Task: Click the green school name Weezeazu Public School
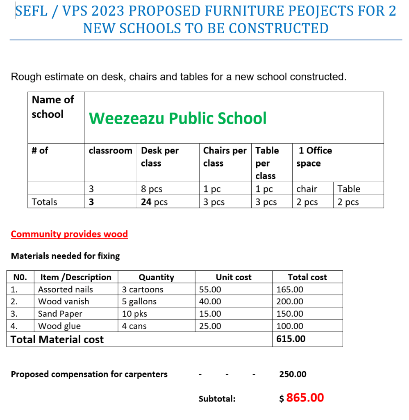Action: pyautogui.click(x=177, y=118)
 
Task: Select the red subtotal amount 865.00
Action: pyautogui.click(x=305, y=397)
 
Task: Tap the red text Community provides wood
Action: pyautogui.click(x=69, y=234)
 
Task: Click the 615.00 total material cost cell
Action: pyautogui.click(x=291, y=339)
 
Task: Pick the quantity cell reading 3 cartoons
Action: pyautogui.click(x=143, y=289)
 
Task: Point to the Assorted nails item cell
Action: pyautogui.click(x=66, y=289)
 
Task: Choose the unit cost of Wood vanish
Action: pyautogui.click(x=210, y=301)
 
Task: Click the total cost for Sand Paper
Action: pyautogui.click(x=290, y=314)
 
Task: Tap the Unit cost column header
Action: pyautogui.click(x=234, y=277)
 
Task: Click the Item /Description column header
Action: pyautogui.click(x=75, y=277)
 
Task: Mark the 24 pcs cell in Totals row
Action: pyautogui.click(x=154, y=202)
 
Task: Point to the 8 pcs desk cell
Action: pyautogui.click(x=152, y=189)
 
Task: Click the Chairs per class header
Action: pyautogui.click(x=225, y=157)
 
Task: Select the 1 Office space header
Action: pyautogui.click(x=314, y=157)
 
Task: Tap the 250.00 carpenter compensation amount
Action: pyautogui.click(x=293, y=374)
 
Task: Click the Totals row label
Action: pyautogui.click(x=44, y=202)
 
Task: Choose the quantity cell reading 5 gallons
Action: pyautogui.click(x=139, y=301)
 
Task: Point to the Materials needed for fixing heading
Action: pyautogui.click(x=65, y=256)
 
